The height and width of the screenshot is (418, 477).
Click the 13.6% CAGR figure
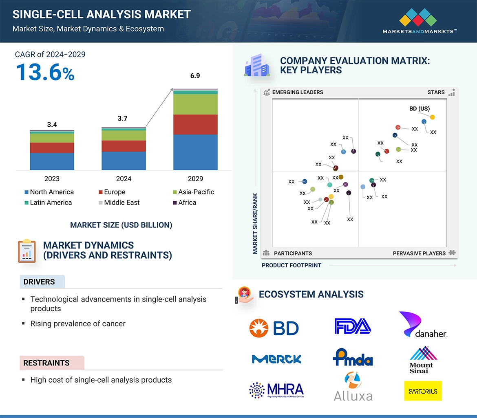45,73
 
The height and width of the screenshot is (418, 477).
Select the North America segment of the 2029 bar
195,152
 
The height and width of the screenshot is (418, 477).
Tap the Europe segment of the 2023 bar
52,148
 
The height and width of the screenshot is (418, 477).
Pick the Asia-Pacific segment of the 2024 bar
124,135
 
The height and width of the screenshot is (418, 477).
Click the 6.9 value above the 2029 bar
195,76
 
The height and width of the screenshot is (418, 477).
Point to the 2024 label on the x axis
124,179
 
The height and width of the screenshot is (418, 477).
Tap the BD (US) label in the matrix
420,109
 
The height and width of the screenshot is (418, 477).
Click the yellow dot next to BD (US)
433,117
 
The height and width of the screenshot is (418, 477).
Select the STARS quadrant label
436,92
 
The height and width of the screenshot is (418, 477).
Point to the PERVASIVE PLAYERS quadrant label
419,253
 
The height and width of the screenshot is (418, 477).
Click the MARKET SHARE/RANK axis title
255,223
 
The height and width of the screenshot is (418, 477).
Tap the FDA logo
353,326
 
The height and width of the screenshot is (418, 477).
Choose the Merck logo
276,359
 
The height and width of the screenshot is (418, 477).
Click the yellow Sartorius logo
423,391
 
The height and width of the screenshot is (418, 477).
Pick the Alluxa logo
353,387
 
